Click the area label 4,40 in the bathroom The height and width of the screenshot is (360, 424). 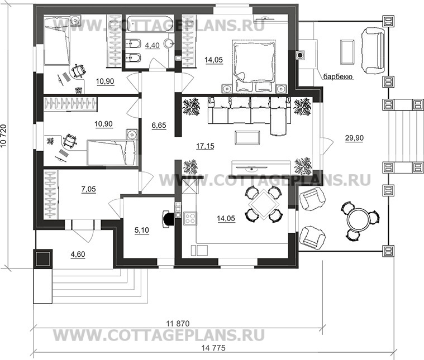click(153, 45)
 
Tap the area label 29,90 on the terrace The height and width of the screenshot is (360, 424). click(354, 138)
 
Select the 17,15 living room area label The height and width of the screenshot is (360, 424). click(205, 146)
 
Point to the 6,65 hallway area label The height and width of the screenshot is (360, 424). click(159, 126)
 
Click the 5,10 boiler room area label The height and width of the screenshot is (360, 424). click(142, 231)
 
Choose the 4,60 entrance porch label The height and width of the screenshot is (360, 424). click(78, 255)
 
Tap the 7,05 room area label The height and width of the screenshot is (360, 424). click(89, 189)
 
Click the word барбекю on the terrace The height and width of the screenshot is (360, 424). click(339, 77)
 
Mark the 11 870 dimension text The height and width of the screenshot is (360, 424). click(178, 323)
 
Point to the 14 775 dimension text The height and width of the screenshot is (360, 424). click(213, 348)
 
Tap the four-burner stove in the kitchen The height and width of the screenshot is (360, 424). click(190, 218)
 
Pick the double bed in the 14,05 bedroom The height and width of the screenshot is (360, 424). click(254, 66)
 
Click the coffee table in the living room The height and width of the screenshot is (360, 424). click(247, 137)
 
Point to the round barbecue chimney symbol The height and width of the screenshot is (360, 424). click(300, 55)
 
